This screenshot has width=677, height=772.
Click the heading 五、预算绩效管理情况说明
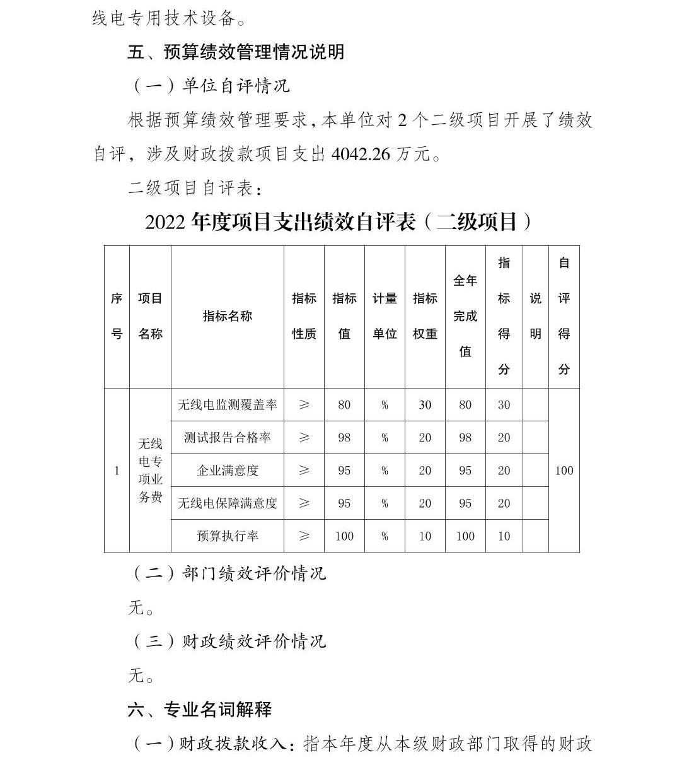point(236,52)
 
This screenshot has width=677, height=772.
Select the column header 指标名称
point(227,316)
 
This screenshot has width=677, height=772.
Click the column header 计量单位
point(385,316)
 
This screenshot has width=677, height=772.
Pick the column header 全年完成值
point(465,316)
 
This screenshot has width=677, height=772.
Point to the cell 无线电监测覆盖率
point(227,405)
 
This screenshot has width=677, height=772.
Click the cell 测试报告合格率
point(227,438)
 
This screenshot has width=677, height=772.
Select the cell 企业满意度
point(227,471)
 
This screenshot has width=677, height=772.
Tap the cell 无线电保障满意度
point(227,503)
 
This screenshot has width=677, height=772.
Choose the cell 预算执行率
point(227,536)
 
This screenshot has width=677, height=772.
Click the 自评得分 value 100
point(564,471)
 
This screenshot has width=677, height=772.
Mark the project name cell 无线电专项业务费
point(150,471)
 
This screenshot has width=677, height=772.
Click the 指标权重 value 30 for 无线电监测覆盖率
point(425,405)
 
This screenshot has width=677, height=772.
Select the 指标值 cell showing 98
point(344,438)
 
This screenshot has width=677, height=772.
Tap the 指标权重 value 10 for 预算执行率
point(425,536)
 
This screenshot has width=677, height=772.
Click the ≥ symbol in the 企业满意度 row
point(304,471)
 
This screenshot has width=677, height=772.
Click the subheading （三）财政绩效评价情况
point(229,641)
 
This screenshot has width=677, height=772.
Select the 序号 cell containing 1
point(117,471)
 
